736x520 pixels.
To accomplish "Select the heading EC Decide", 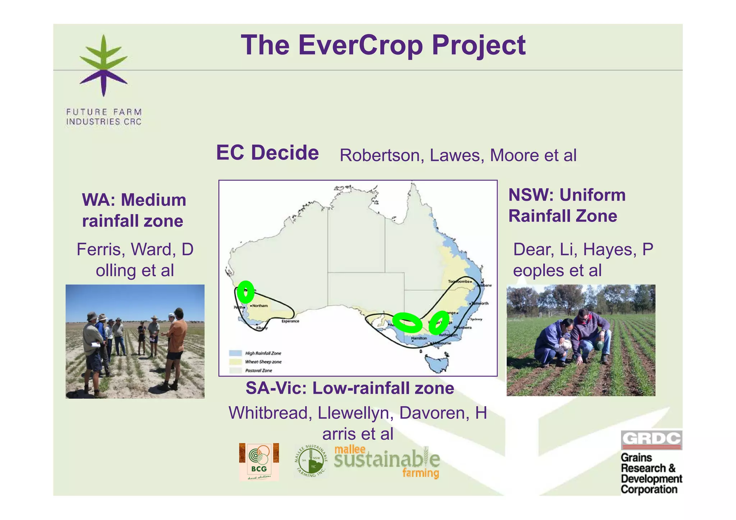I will click(x=267, y=153).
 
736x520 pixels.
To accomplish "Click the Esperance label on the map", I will click(x=290, y=321).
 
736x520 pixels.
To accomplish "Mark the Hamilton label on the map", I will click(x=419, y=338).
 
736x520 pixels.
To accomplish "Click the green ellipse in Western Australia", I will click(x=245, y=292).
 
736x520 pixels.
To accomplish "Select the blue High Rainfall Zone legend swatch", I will click(x=235, y=353).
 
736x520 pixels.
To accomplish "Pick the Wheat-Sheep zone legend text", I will click(x=263, y=362).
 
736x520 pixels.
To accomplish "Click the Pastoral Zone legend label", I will click(x=259, y=371).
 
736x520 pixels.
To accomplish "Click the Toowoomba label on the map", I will click(x=459, y=282).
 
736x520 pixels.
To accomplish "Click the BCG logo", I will click(x=259, y=462).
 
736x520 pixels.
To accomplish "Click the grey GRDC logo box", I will click(x=651, y=440).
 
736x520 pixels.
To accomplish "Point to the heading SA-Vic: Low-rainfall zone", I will click(x=350, y=388).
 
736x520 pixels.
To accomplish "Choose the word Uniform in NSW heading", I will click(x=592, y=195).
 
